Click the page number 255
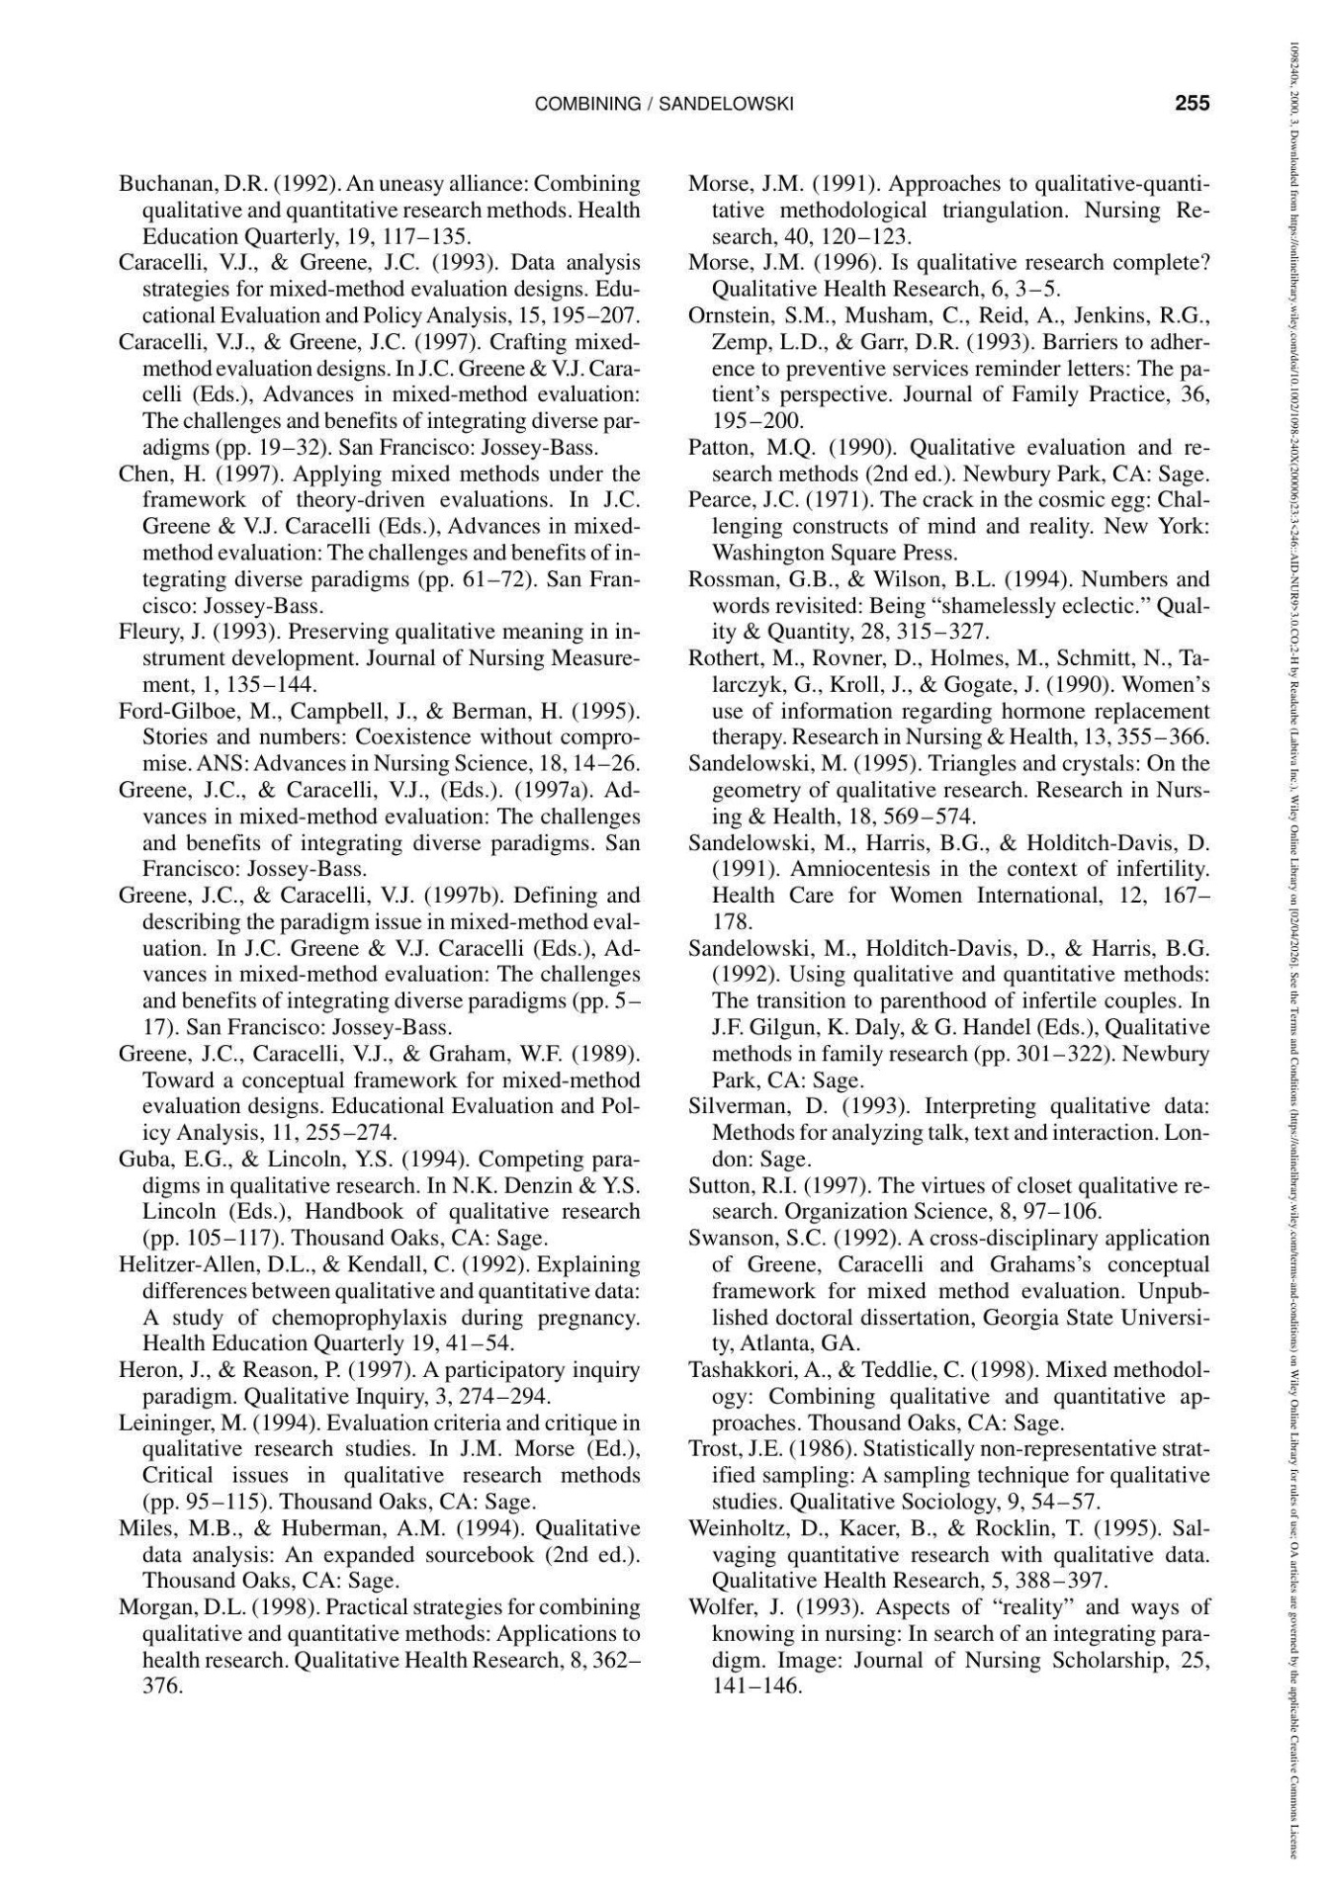point(1193,104)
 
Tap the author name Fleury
point(148,632)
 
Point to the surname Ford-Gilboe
point(170,711)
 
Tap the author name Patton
point(721,448)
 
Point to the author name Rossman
point(730,579)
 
